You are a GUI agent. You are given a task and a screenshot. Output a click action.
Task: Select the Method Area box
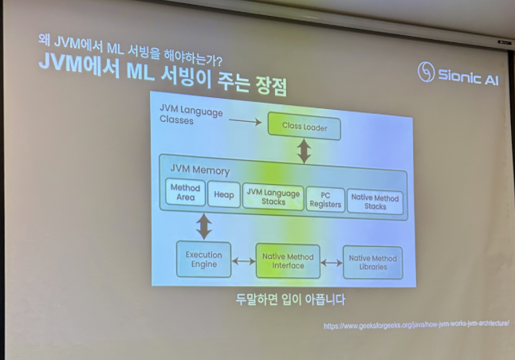pos(185,193)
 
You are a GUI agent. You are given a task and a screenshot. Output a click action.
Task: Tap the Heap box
pos(224,195)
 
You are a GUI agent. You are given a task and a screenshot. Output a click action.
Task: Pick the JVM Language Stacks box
pos(273,197)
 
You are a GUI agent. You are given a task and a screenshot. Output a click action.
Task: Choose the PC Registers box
pos(325,200)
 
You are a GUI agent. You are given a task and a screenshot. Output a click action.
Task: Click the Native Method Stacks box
pos(375,202)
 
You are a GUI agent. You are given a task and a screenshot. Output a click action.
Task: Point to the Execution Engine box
pos(204,260)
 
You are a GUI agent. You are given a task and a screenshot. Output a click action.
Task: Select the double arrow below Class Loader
pos(304,151)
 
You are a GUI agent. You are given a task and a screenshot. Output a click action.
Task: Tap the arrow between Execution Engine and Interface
pos(243,260)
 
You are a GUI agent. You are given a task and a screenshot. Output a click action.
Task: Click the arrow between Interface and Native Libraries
pos(332,262)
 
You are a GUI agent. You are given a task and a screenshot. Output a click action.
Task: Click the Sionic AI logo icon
pos(426,73)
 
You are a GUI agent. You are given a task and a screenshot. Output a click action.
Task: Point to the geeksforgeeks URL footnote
pos(416,324)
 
